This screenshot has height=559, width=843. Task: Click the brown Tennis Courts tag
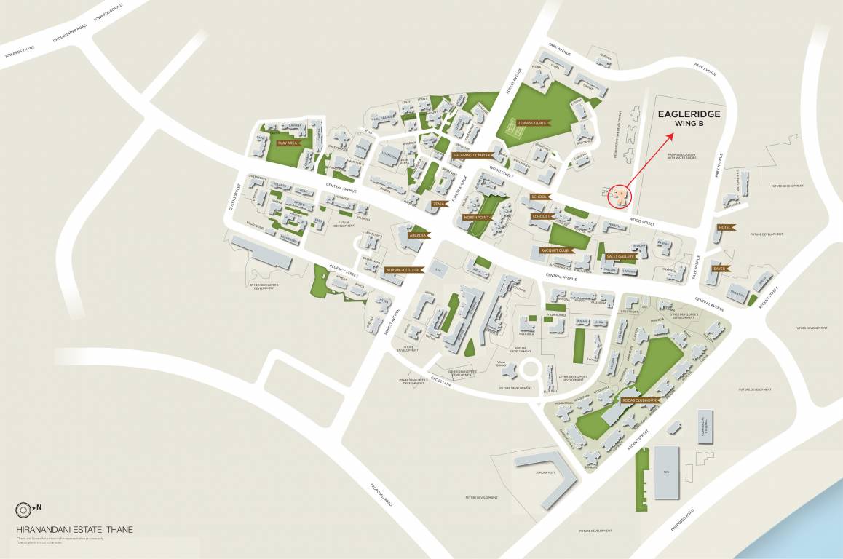pos(531,123)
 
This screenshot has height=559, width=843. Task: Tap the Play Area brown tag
pos(288,143)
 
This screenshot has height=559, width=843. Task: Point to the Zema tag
pos(440,205)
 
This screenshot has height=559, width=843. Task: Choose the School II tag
pos(543,216)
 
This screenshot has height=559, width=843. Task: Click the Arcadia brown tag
pos(419,236)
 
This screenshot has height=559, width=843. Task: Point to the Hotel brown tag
pos(724,227)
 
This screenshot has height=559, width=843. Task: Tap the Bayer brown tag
pos(719,268)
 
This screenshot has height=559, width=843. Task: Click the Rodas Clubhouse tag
pos(640,400)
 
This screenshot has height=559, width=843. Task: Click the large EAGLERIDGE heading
pos(689,114)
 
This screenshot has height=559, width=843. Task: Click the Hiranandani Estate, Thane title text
pos(74,530)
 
